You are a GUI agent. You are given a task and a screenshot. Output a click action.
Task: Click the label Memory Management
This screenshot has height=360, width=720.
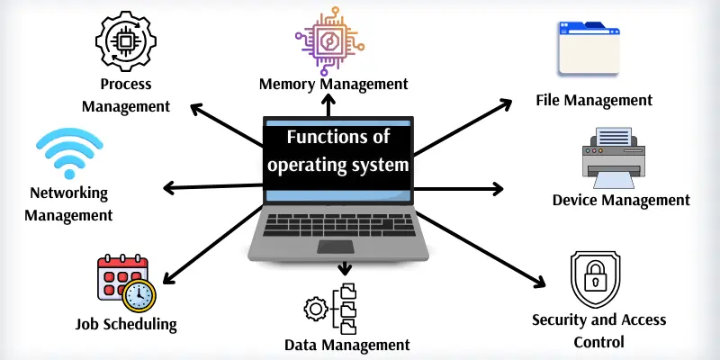click(x=333, y=84)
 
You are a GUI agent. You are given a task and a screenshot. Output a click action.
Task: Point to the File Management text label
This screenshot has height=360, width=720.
click(x=593, y=99)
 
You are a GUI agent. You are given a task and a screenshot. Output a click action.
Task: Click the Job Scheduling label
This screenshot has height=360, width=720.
click(x=126, y=324)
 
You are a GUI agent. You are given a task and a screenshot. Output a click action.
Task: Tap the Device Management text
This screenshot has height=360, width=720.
click(x=621, y=200)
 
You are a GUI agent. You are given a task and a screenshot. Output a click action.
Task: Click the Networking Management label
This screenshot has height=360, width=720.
click(x=68, y=204)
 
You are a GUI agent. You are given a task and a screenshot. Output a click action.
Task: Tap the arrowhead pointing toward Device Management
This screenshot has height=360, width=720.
click(x=498, y=189)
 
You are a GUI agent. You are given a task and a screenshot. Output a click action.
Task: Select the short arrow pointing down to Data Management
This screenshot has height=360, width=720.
click(x=343, y=269)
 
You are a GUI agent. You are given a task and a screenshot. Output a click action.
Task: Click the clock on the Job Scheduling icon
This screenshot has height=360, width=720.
click(x=139, y=294)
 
